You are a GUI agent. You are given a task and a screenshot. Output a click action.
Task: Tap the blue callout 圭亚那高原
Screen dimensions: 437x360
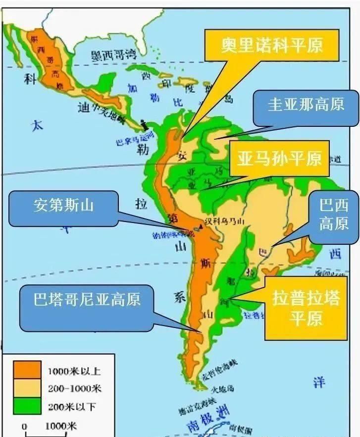(x=305, y=106)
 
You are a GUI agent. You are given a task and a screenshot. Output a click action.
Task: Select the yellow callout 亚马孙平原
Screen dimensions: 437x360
(x=279, y=159)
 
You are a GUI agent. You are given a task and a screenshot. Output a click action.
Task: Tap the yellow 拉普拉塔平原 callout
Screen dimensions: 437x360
(x=306, y=307)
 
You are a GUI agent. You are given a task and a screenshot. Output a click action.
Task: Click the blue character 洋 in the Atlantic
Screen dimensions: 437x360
(x=319, y=382)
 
